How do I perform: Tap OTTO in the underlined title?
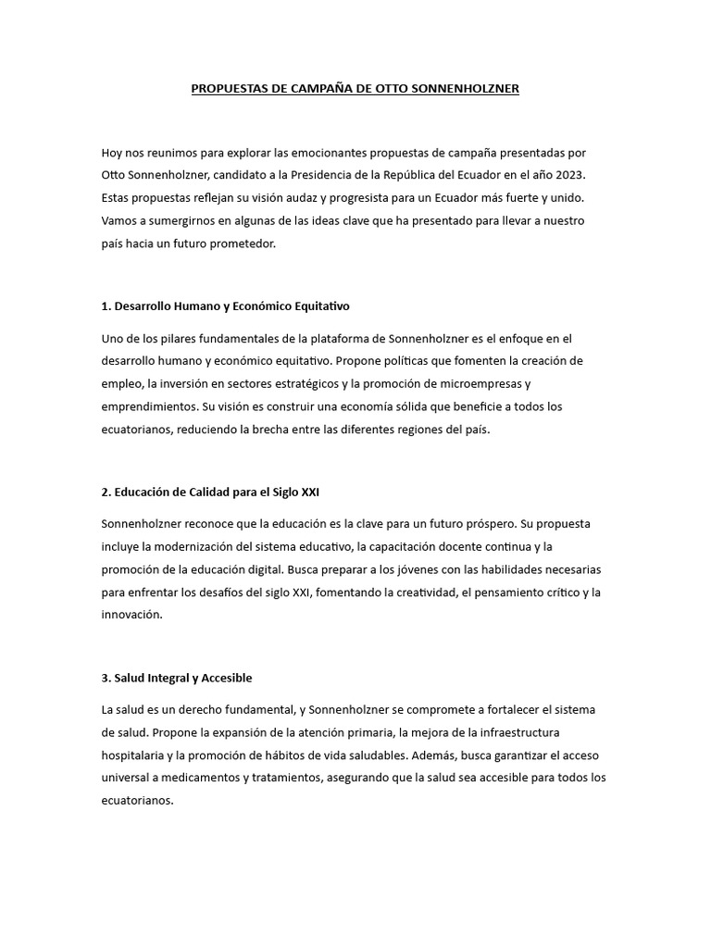[x=356, y=89]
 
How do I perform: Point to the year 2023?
[x=568, y=175]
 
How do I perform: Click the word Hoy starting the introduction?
[x=113, y=153]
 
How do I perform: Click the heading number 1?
[x=106, y=306]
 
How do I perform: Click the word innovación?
[x=131, y=615]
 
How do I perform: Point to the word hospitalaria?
[x=138, y=755]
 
